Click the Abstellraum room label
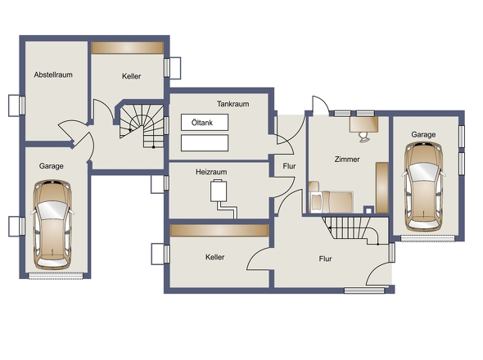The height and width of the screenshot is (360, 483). pyautogui.click(x=53, y=74)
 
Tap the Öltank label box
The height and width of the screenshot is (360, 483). pyautogui.click(x=205, y=123)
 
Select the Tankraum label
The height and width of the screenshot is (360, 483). pyautogui.click(x=232, y=104)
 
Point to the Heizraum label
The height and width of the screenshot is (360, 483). pyautogui.click(x=211, y=172)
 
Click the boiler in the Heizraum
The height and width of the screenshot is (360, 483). pyautogui.click(x=219, y=191)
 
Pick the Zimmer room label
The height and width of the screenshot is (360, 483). pyautogui.click(x=347, y=160)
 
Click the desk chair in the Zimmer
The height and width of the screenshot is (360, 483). pyautogui.click(x=364, y=137)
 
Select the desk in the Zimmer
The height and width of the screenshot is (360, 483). pyautogui.click(x=363, y=124)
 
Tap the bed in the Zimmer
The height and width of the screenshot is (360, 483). pyautogui.click(x=331, y=202)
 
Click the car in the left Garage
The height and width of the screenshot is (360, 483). pyautogui.click(x=53, y=225)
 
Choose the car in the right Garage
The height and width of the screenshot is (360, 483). pyautogui.click(x=423, y=187)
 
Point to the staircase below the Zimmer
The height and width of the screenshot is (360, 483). pyautogui.click(x=350, y=231)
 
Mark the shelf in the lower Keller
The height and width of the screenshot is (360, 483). pyautogui.click(x=219, y=231)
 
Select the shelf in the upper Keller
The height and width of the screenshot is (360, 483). pyautogui.click(x=128, y=47)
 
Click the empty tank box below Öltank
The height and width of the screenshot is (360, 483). pyautogui.click(x=205, y=143)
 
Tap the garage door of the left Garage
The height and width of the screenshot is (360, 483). pyautogui.click(x=56, y=276)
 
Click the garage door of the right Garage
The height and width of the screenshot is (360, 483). pyautogui.click(x=427, y=238)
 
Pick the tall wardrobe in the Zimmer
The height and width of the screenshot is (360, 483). pyautogui.click(x=382, y=187)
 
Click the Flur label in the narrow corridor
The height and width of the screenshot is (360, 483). pyautogui.click(x=289, y=166)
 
